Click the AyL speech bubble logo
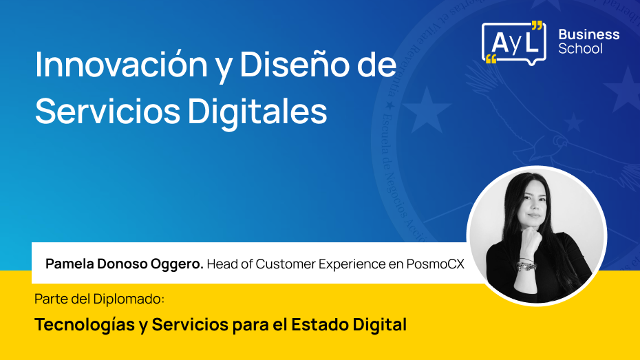coord(513,42)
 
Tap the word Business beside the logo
coord(588,34)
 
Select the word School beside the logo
coord(580,49)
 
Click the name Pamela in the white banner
coord(68,264)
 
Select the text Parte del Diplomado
coord(100,300)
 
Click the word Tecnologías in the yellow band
coord(85,324)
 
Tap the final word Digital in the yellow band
coord(383,324)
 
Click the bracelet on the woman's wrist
coord(526,264)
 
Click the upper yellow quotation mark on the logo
coord(537,26)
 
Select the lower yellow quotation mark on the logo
coord(491,59)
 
